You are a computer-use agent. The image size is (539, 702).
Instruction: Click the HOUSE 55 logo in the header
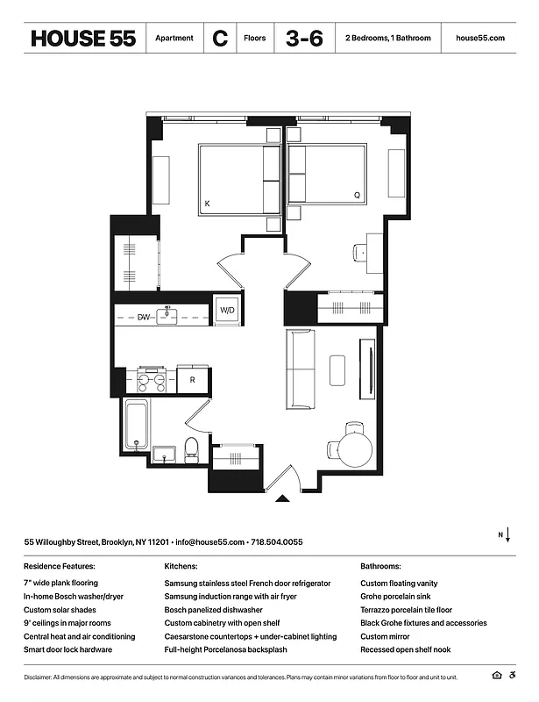[82, 39]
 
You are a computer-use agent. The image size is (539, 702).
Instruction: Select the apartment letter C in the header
[219, 39]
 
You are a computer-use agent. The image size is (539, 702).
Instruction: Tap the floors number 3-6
[303, 39]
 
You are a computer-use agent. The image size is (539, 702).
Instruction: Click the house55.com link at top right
[480, 39]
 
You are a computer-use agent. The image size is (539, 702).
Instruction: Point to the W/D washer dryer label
[227, 311]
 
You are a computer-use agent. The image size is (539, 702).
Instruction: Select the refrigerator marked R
[192, 380]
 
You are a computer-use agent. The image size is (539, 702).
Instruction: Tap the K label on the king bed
[207, 204]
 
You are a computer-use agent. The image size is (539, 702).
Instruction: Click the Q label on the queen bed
[356, 195]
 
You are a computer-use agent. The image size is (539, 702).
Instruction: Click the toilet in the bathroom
[192, 448]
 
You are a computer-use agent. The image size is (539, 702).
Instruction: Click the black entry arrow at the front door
[282, 499]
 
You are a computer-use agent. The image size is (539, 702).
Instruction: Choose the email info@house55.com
[209, 542]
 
